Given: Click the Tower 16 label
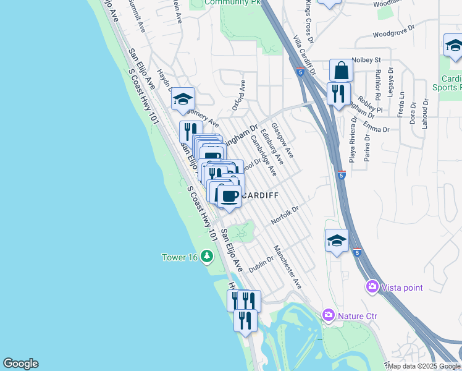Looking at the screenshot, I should pos(179,257).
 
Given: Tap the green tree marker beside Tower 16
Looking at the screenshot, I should pos(208,256).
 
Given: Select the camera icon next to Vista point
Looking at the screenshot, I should pos(372,286).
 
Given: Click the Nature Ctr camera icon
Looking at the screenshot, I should pos(329,316).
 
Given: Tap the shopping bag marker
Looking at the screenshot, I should pos(341,70).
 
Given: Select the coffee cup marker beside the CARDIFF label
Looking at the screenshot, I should pos(229,197).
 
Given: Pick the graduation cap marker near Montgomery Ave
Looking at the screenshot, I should pos(183,99).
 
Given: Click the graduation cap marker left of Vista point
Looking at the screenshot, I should pos(337,241).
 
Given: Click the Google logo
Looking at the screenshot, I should pos(20,364).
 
